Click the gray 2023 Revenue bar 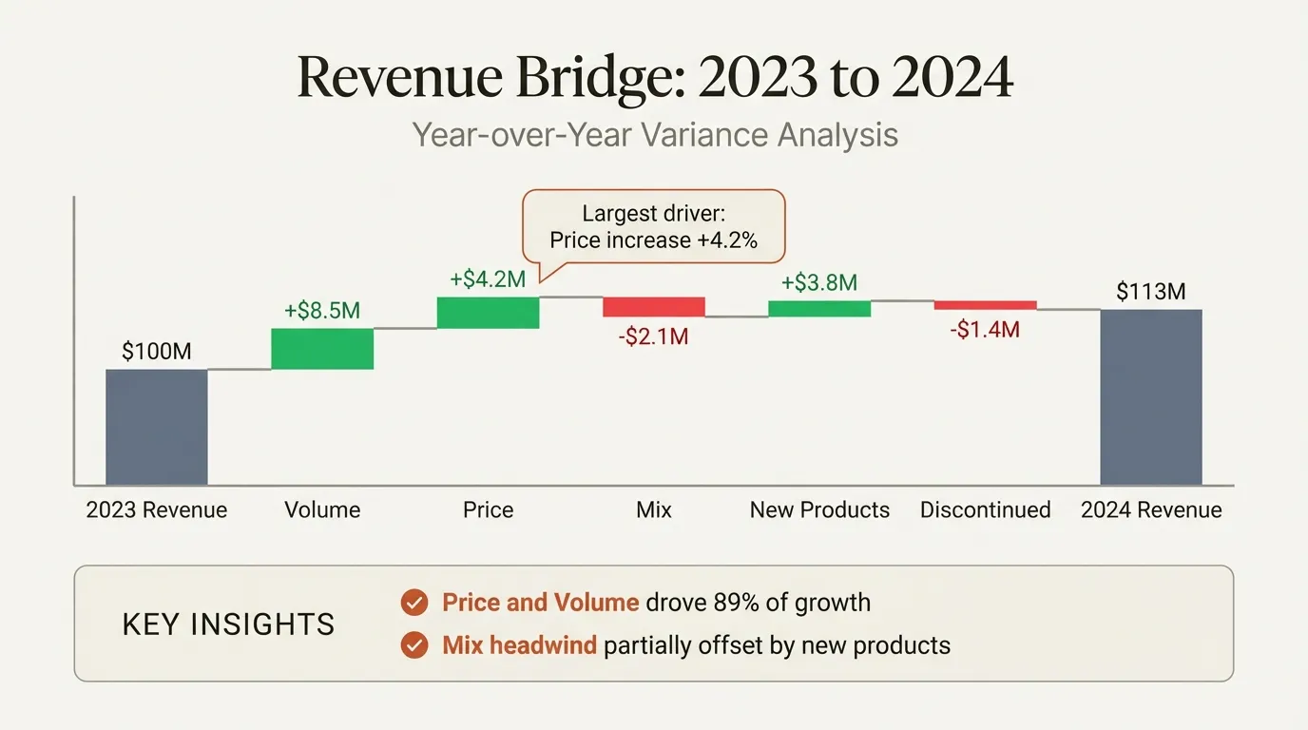tap(156, 427)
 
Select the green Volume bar tap(322, 349)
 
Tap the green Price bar tap(488, 313)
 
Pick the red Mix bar tap(654, 307)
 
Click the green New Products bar tap(819, 308)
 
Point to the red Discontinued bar tap(985, 305)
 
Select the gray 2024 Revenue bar tap(1151, 397)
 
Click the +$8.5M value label tap(322, 312)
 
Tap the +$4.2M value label tap(488, 280)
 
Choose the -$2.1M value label tap(654, 336)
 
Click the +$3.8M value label tap(819, 282)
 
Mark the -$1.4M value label tap(985, 330)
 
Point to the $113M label tap(1151, 292)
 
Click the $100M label tap(156, 352)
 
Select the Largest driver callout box tap(654, 226)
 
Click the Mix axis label tap(654, 510)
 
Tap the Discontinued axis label tap(985, 510)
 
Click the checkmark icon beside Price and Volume tap(414, 603)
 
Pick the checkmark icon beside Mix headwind tap(414, 646)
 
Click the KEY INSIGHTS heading tap(229, 624)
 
